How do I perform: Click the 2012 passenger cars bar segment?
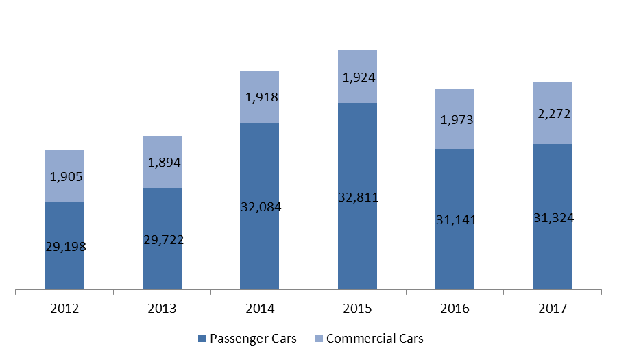pyautogui.click(x=64, y=246)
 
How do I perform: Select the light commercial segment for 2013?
pyautogui.click(x=162, y=162)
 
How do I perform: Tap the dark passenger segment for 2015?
pyautogui.click(x=357, y=196)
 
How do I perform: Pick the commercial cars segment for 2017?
pyautogui.click(x=552, y=113)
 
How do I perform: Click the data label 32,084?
pyautogui.click(x=261, y=206)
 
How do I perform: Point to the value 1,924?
pyautogui.click(x=359, y=77)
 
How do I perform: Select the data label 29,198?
pyautogui.click(x=66, y=247)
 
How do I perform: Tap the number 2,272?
pyautogui.click(x=554, y=114)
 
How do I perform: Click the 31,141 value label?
pyautogui.click(x=456, y=219)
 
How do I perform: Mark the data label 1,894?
pyautogui.click(x=164, y=162)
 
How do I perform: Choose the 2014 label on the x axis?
pyautogui.click(x=260, y=308)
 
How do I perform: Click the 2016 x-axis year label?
pyautogui.click(x=455, y=308)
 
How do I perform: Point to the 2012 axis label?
pyautogui.click(x=64, y=308)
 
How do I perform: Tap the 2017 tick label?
pyautogui.click(x=553, y=308)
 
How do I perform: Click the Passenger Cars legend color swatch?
pyautogui.click(x=202, y=338)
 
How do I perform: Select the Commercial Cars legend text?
pyautogui.click(x=374, y=338)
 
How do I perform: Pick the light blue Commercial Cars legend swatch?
pyautogui.click(x=319, y=338)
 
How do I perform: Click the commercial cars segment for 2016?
pyautogui.click(x=455, y=119)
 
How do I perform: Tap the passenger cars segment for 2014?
pyautogui.click(x=259, y=206)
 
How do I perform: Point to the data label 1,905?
pyautogui.click(x=66, y=177)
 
